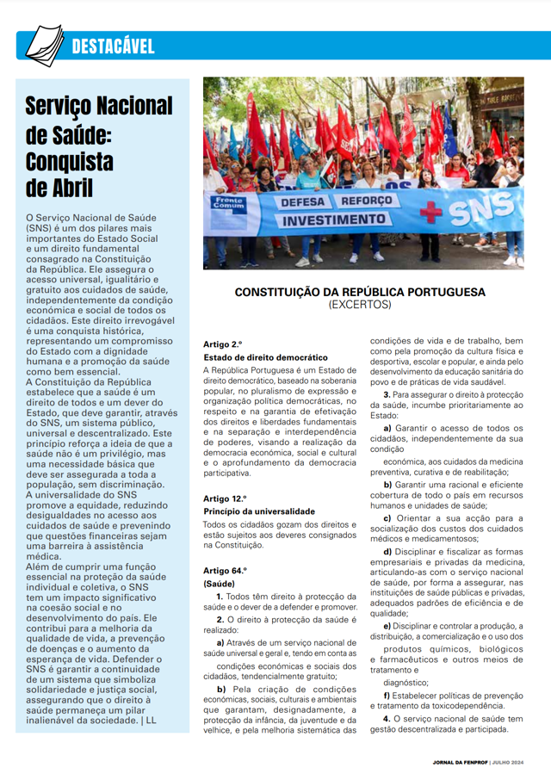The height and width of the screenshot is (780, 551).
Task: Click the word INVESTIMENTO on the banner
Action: pos(336,220)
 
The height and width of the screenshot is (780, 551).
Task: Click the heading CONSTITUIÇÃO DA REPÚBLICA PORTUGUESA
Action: pos(360,293)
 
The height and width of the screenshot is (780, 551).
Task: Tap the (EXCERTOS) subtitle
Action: pos(360,305)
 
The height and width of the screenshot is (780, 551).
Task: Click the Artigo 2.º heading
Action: pos(223,344)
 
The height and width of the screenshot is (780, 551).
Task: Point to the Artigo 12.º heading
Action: pos(226,498)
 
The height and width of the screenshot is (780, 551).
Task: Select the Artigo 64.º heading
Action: pos(226,570)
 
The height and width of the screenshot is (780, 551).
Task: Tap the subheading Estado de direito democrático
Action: pos(265,356)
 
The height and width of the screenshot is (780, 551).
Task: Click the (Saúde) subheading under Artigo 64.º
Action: pos(220,583)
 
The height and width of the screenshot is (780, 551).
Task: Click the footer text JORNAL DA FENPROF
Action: pos(462,763)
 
